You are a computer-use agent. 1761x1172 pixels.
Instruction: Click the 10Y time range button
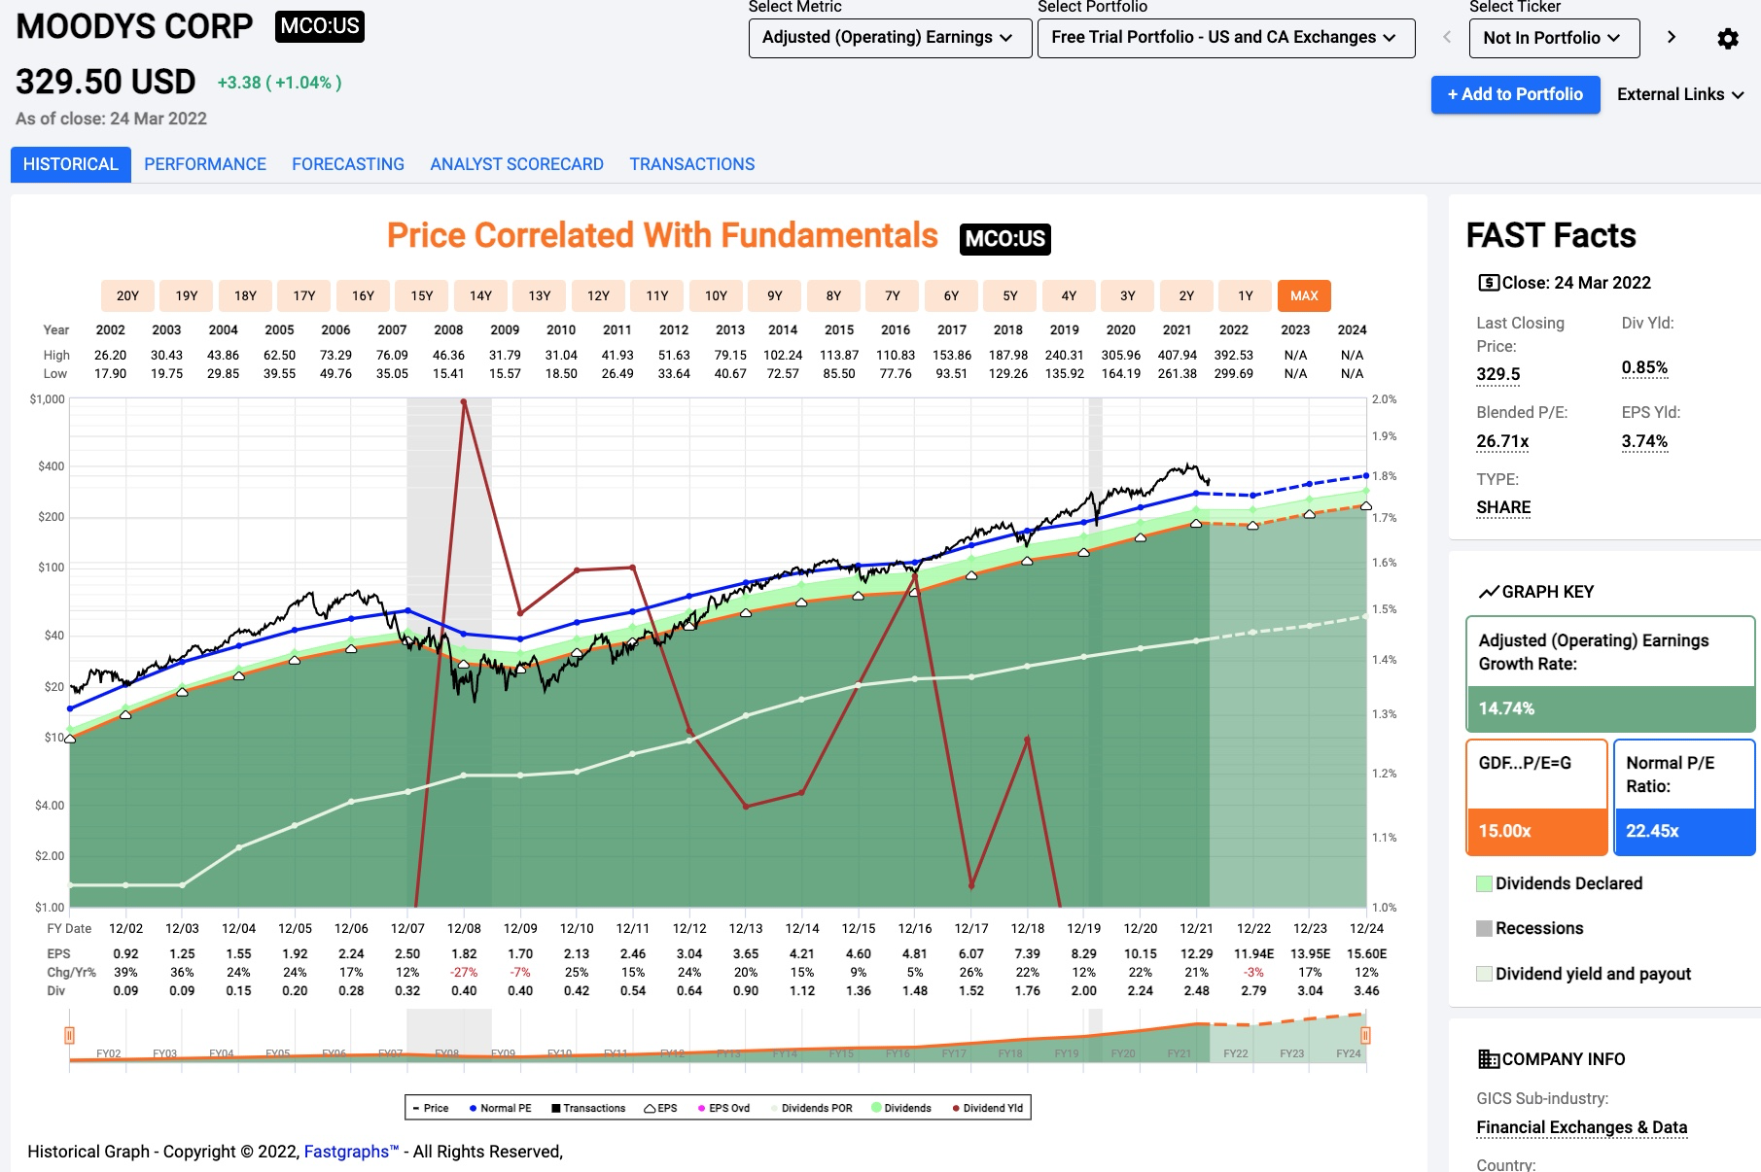pos(716,295)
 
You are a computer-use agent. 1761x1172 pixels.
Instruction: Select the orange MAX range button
pos(1304,295)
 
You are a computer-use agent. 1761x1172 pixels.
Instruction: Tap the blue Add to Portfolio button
pos(1515,94)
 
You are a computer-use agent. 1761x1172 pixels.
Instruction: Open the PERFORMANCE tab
pos(205,164)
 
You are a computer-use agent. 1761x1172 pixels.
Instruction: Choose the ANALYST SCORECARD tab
pos(516,164)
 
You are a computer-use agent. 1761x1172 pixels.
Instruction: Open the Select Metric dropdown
pos(889,38)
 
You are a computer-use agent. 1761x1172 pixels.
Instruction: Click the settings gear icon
pos(1727,38)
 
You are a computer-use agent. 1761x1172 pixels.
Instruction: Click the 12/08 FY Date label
pos(464,928)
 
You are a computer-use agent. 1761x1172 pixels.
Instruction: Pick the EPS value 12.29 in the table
pos(1196,953)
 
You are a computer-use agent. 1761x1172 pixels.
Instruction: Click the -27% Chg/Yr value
pos(464,972)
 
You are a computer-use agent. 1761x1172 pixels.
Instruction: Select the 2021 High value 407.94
pos(1177,355)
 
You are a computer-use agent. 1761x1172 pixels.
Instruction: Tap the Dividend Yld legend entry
pos(988,1108)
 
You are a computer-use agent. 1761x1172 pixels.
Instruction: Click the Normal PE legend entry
pos(501,1108)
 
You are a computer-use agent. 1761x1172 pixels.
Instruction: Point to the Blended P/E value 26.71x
pos(1502,441)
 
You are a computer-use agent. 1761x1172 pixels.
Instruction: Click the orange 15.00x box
pos(1535,831)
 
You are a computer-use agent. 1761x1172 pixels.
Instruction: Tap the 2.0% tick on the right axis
pos(1384,399)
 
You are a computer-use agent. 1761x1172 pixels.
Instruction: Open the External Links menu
pos(1679,94)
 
